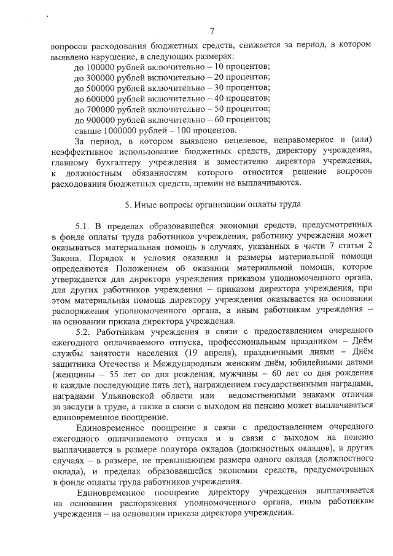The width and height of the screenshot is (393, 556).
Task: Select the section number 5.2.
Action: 82,332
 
